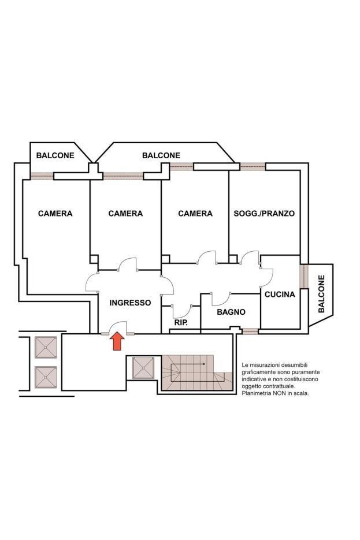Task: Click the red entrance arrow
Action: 117,341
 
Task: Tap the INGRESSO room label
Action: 130,303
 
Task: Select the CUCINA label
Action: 280,295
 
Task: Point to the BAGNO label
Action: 231,312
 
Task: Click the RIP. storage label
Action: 181,323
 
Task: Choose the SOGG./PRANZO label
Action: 264,214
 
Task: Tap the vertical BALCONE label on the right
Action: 321,294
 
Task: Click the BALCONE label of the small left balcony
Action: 55,155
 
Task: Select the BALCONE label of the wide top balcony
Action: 161,155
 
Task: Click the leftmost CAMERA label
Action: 55,214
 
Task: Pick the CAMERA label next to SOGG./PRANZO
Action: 195,214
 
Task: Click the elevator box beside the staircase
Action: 143,368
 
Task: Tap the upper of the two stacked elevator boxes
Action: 46,348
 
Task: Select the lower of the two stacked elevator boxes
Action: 46,378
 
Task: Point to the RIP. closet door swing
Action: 183,312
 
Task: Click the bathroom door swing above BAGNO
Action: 221,299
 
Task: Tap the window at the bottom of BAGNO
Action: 250,332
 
